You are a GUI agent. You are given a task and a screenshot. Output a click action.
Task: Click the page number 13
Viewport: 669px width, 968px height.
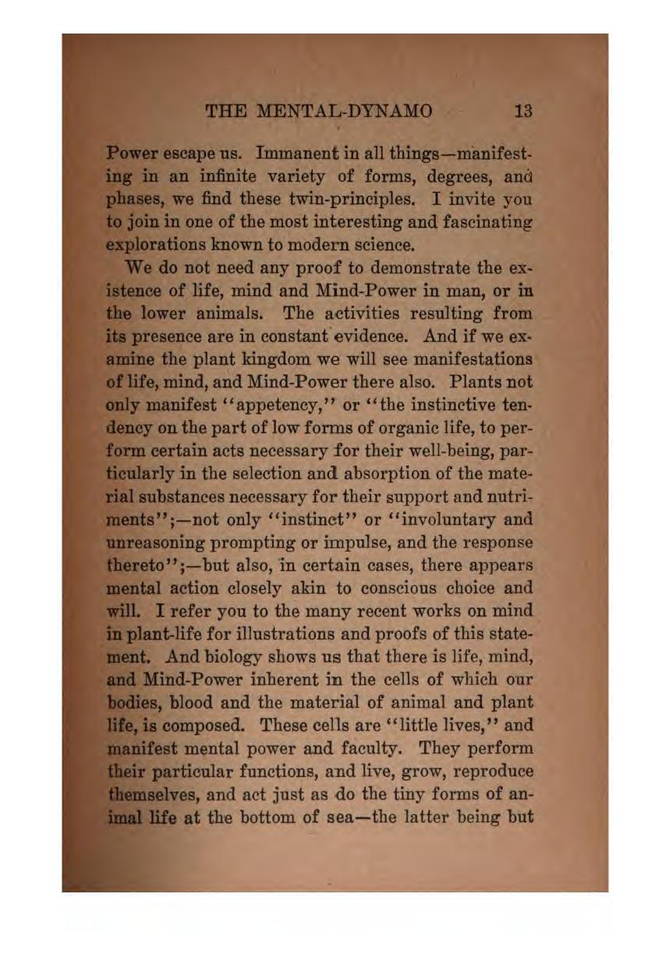coord(523,111)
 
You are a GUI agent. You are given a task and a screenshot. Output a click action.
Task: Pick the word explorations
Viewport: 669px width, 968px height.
coord(158,246)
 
